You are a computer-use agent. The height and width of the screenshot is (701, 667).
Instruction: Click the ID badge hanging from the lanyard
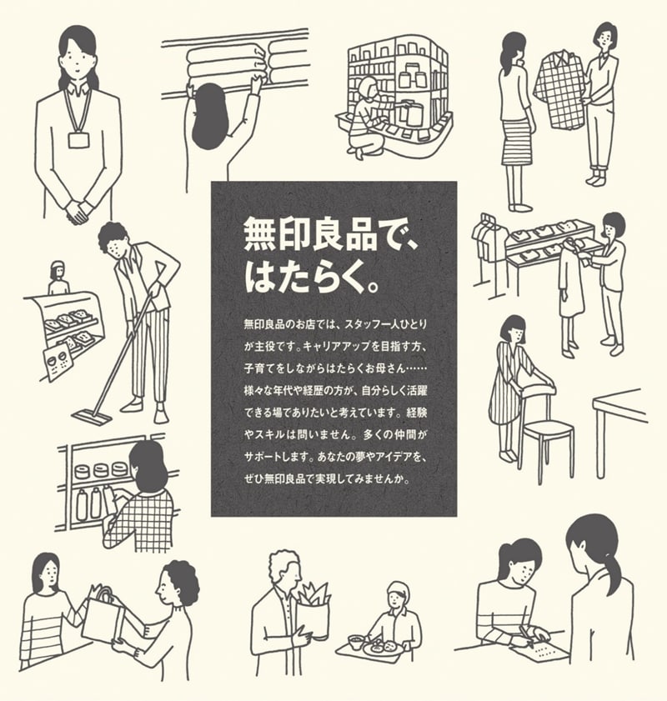pyautogui.click(x=78, y=139)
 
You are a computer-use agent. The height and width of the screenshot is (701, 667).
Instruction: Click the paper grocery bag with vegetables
pyautogui.click(x=313, y=613)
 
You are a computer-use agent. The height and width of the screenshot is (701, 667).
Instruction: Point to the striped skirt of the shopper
pyautogui.click(x=516, y=142)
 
